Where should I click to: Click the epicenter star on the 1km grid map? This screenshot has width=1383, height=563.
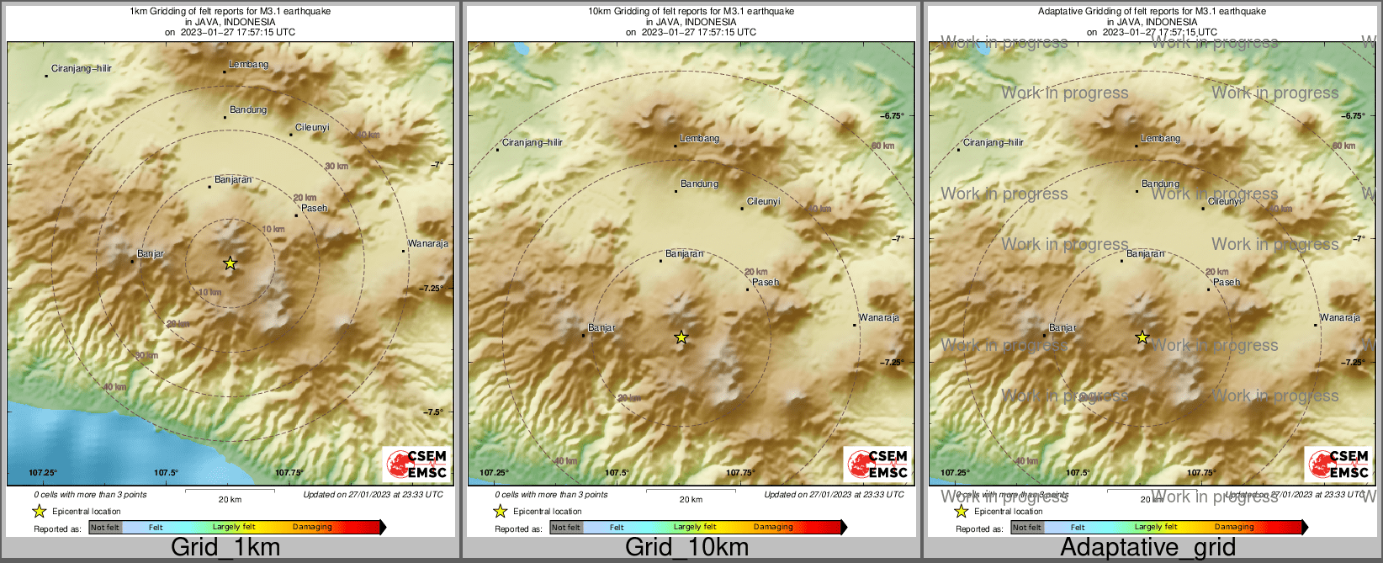tap(230, 263)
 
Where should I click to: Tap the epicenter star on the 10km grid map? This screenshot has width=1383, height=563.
tap(681, 337)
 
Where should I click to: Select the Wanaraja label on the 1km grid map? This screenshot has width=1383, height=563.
tap(427, 244)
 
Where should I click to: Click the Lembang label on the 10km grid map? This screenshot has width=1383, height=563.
tap(700, 139)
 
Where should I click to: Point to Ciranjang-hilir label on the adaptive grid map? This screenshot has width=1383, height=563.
tap(994, 143)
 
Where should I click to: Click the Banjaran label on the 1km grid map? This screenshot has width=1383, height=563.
tap(233, 180)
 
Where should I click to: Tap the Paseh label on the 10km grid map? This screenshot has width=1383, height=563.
tap(766, 283)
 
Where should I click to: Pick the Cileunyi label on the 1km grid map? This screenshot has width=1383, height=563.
tap(312, 128)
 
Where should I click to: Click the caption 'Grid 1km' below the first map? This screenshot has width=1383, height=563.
tap(225, 548)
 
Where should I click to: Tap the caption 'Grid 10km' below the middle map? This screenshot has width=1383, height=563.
tap(686, 548)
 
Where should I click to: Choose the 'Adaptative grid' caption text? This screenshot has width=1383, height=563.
tap(1147, 548)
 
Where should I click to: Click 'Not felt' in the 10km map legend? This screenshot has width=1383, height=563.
tap(566, 528)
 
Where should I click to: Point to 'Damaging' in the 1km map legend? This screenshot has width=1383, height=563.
tap(312, 528)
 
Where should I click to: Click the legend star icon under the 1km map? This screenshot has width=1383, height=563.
tap(39, 511)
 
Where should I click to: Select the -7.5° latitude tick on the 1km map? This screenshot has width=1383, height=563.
tap(432, 412)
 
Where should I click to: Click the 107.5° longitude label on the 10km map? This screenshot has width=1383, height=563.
tap(617, 473)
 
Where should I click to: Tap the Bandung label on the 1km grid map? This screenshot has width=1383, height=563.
tap(248, 110)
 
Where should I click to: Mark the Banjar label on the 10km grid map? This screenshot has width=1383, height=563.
tap(601, 328)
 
